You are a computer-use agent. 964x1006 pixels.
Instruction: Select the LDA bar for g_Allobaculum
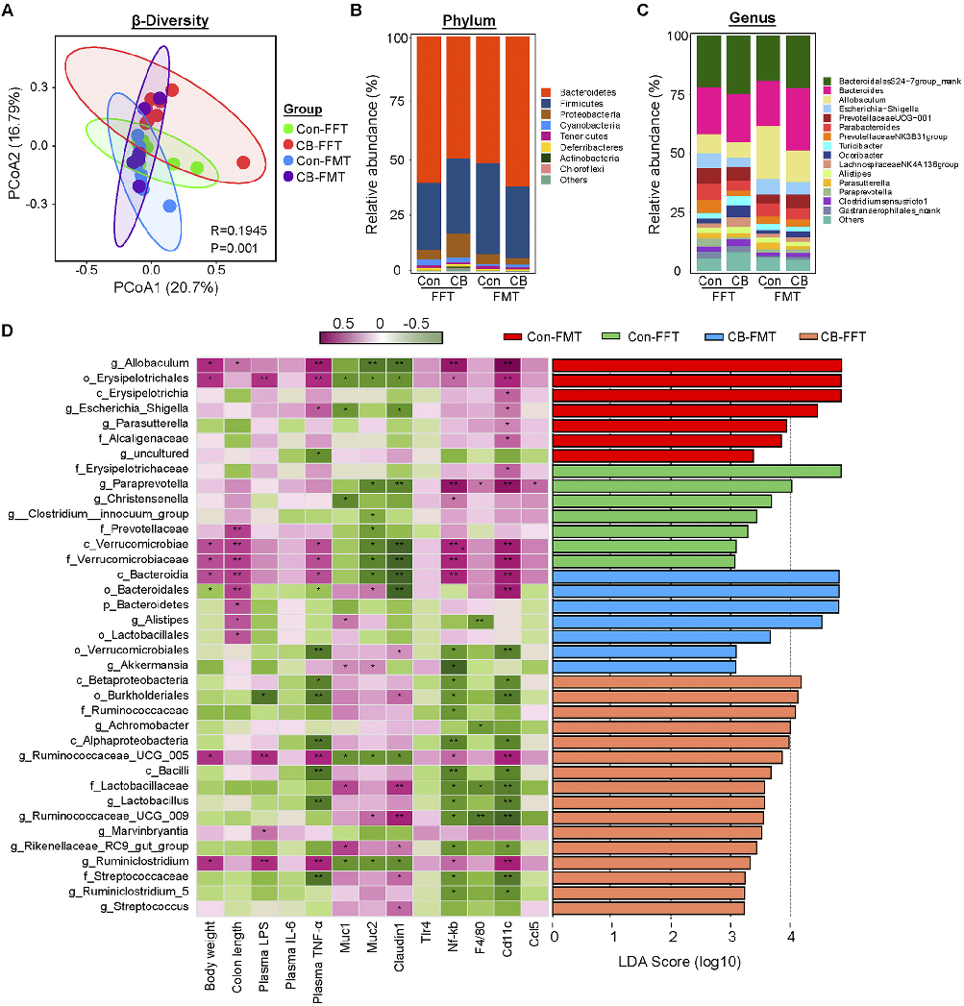(x=697, y=365)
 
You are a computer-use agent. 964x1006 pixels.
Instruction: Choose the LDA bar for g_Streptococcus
(x=649, y=907)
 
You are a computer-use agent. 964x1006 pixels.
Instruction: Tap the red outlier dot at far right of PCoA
(x=243, y=162)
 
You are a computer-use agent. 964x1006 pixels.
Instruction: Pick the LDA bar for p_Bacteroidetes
(x=696, y=605)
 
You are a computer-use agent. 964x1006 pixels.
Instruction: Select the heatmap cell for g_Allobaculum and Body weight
(x=208, y=365)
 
